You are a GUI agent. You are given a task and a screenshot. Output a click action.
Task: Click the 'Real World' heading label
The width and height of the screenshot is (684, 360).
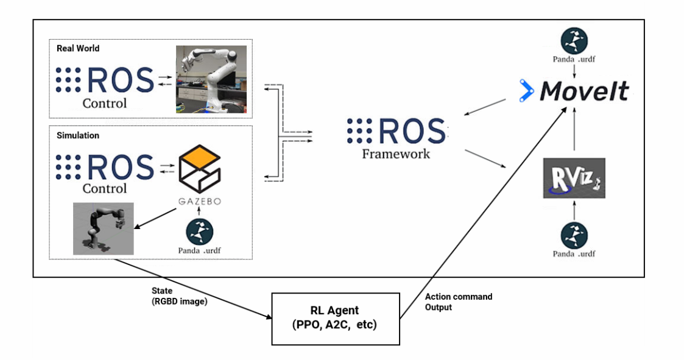click(78, 49)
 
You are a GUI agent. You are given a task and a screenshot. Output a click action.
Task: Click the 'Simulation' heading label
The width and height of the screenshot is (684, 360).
click(78, 135)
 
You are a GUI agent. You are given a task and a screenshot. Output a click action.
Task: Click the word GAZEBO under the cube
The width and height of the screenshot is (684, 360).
click(199, 199)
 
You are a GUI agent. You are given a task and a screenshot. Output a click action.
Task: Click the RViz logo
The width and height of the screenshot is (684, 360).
click(574, 178)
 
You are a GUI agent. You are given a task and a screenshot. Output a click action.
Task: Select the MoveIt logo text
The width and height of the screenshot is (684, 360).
click(584, 91)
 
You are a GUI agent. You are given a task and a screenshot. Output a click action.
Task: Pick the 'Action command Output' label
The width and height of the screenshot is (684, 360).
click(458, 302)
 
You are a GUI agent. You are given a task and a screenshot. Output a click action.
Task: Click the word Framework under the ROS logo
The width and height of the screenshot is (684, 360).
click(396, 154)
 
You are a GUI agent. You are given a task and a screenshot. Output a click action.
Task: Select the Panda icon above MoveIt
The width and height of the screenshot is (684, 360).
click(574, 40)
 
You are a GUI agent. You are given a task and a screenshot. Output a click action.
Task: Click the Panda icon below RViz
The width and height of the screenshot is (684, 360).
click(574, 235)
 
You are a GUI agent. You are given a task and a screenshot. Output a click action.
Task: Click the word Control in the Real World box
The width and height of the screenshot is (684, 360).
click(105, 104)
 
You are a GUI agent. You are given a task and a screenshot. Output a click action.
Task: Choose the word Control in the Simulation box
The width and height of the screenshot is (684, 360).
click(105, 189)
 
